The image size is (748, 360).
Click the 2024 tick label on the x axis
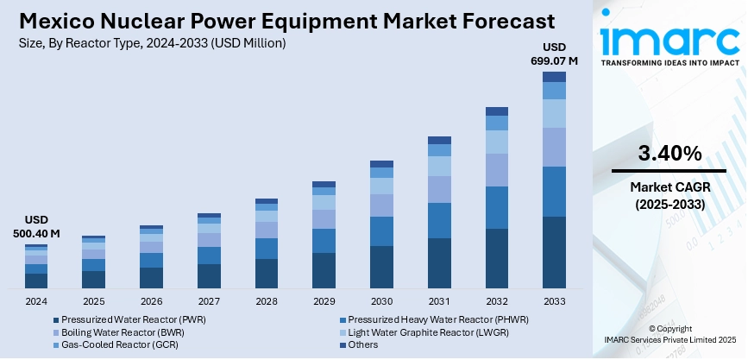click(x=36, y=300)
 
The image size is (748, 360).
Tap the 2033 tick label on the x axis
click(x=554, y=300)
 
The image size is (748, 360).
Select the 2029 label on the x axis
click(x=324, y=300)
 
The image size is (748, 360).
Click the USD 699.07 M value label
click(x=554, y=54)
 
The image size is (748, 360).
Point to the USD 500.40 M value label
click(x=36, y=226)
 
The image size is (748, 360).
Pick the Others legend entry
click(x=362, y=344)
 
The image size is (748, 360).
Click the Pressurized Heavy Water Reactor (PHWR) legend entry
click(x=432, y=319)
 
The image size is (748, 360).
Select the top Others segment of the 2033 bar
click(x=554, y=77)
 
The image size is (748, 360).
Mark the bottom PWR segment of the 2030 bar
click(x=381, y=267)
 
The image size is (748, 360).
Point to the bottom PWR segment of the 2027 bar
click(x=209, y=276)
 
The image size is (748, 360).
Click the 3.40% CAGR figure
click(x=669, y=154)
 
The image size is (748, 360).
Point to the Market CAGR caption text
click(x=669, y=187)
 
